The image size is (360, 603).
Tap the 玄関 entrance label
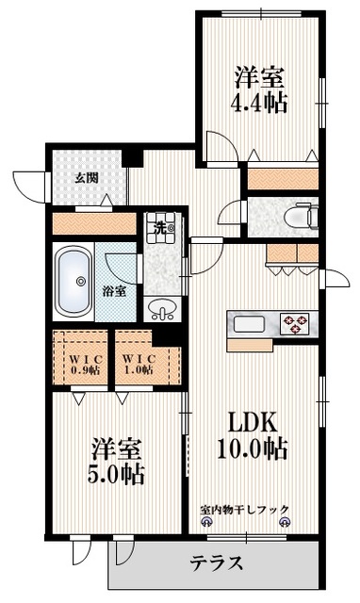click(87, 177)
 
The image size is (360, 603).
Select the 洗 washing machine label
click(161, 227)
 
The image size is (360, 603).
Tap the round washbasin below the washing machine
click(164, 308)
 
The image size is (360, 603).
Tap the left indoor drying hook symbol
click(205, 523)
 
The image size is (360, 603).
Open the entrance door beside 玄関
click(29, 184)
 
